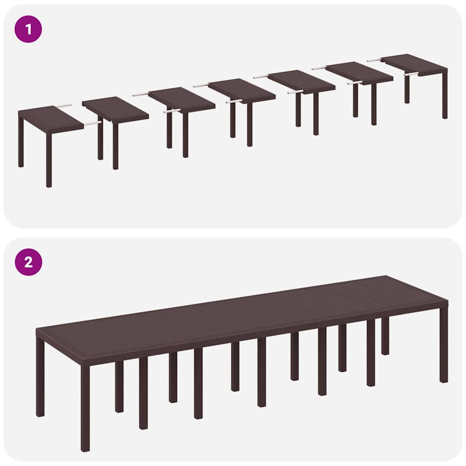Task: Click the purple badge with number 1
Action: [x=28, y=29]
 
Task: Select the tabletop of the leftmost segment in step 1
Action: [x=49, y=118]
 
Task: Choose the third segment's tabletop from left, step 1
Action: [x=181, y=99]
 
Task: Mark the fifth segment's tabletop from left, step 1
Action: [x=301, y=81]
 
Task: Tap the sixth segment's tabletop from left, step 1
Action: [x=359, y=72]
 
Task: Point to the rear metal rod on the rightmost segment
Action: [x=374, y=60]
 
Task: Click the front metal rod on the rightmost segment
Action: [x=410, y=74]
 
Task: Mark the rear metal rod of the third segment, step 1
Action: [x=141, y=94]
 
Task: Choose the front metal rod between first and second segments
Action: [x=92, y=123]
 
